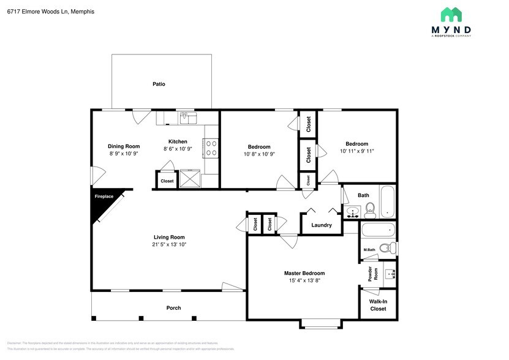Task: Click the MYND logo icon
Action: click(x=451, y=15)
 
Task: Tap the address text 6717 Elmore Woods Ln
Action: click(x=38, y=11)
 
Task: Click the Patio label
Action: click(x=159, y=84)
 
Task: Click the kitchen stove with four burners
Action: click(x=211, y=149)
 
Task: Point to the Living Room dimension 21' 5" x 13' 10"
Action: click(x=169, y=244)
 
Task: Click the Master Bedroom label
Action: click(x=304, y=273)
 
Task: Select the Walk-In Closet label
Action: click(x=377, y=305)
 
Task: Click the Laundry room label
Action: click(x=322, y=225)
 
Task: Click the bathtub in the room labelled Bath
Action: click(x=387, y=202)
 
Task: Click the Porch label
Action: click(x=173, y=307)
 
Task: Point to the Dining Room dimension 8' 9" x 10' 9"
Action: click(x=124, y=154)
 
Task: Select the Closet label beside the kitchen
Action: click(x=167, y=181)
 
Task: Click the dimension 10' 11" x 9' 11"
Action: click(x=356, y=151)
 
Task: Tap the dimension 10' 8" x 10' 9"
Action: click(x=259, y=154)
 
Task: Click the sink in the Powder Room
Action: click(x=389, y=273)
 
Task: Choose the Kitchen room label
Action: click(x=178, y=141)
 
